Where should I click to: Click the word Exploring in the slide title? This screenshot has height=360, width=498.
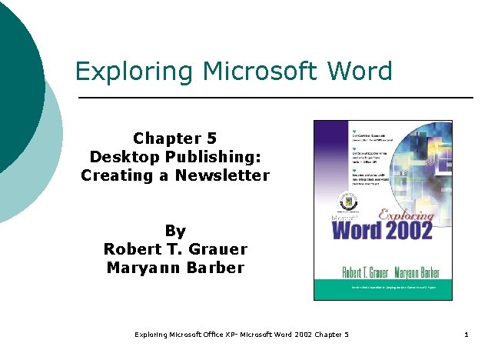pyautogui.click(x=124, y=72)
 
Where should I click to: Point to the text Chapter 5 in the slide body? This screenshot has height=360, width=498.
pyautogui.click(x=175, y=138)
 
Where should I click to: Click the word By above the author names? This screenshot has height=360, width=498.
pyautogui.click(x=175, y=231)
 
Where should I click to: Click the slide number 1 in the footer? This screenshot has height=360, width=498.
pyautogui.click(x=466, y=335)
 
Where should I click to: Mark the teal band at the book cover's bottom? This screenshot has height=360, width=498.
pyautogui.click(x=382, y=291)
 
